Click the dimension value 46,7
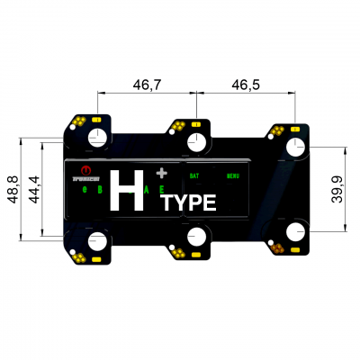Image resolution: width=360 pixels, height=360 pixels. coord(147,85)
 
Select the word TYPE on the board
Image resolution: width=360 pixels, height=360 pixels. coord(190,202)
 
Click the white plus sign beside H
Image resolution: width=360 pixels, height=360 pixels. coord(161,171)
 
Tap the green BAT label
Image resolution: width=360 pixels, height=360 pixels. coord(194,175)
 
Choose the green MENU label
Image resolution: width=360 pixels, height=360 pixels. coord(232,175)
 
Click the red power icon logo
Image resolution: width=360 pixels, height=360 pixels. coord(85,169)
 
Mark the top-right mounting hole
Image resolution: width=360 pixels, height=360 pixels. coord(294,147)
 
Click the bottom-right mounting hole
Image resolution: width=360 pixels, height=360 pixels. coord(294,231)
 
